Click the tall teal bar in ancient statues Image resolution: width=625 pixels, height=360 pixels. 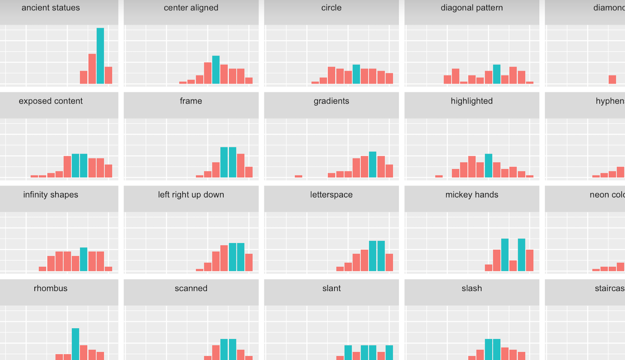click(x=100, y=56)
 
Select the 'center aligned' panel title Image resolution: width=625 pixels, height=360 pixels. click(x=191, y=8)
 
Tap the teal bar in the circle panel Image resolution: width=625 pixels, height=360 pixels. click(x=356, y=74)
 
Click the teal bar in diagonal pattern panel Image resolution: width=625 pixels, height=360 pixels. click(x=497, y=74)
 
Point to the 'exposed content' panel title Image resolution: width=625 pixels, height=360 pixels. click(x=51, y=101)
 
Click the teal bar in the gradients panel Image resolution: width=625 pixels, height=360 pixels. click(x=373, y=164)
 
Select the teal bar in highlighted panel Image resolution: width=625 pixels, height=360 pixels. click(x=489, y=165)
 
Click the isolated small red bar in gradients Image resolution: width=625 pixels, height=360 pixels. click(x=298, y=176)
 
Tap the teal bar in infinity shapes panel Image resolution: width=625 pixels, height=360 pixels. click(x=84, y=259)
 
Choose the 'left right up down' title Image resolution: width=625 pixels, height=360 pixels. click(x=191, y=195)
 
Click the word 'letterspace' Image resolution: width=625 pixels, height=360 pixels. click(x=331, y=195)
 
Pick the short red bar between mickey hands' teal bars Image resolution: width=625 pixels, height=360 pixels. click(x=513, y=265)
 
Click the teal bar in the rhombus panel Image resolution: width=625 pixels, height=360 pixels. click(x=75, y=344)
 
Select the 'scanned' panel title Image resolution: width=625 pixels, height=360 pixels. click(x=191, y=288)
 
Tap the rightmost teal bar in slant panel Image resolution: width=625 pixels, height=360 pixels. click(x=389, y=352)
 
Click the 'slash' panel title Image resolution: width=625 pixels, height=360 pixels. click(x=472, y=288)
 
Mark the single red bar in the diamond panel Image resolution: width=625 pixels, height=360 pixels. click(x=612, y=80)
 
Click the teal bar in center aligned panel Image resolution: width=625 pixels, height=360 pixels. click(x=216, y=69)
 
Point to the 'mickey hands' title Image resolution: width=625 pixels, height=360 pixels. click(x=472, y=195)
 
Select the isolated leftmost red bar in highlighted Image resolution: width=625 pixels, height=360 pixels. click(x=439, y=176)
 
